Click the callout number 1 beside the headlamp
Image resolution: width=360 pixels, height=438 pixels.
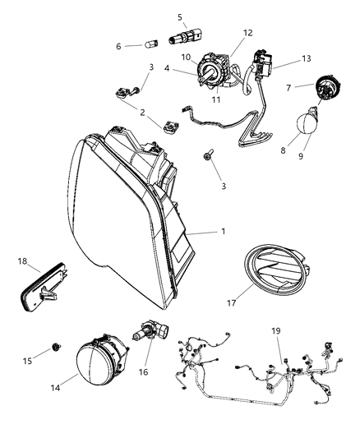point(222,232)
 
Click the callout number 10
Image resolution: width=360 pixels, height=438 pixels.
point(185,57)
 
